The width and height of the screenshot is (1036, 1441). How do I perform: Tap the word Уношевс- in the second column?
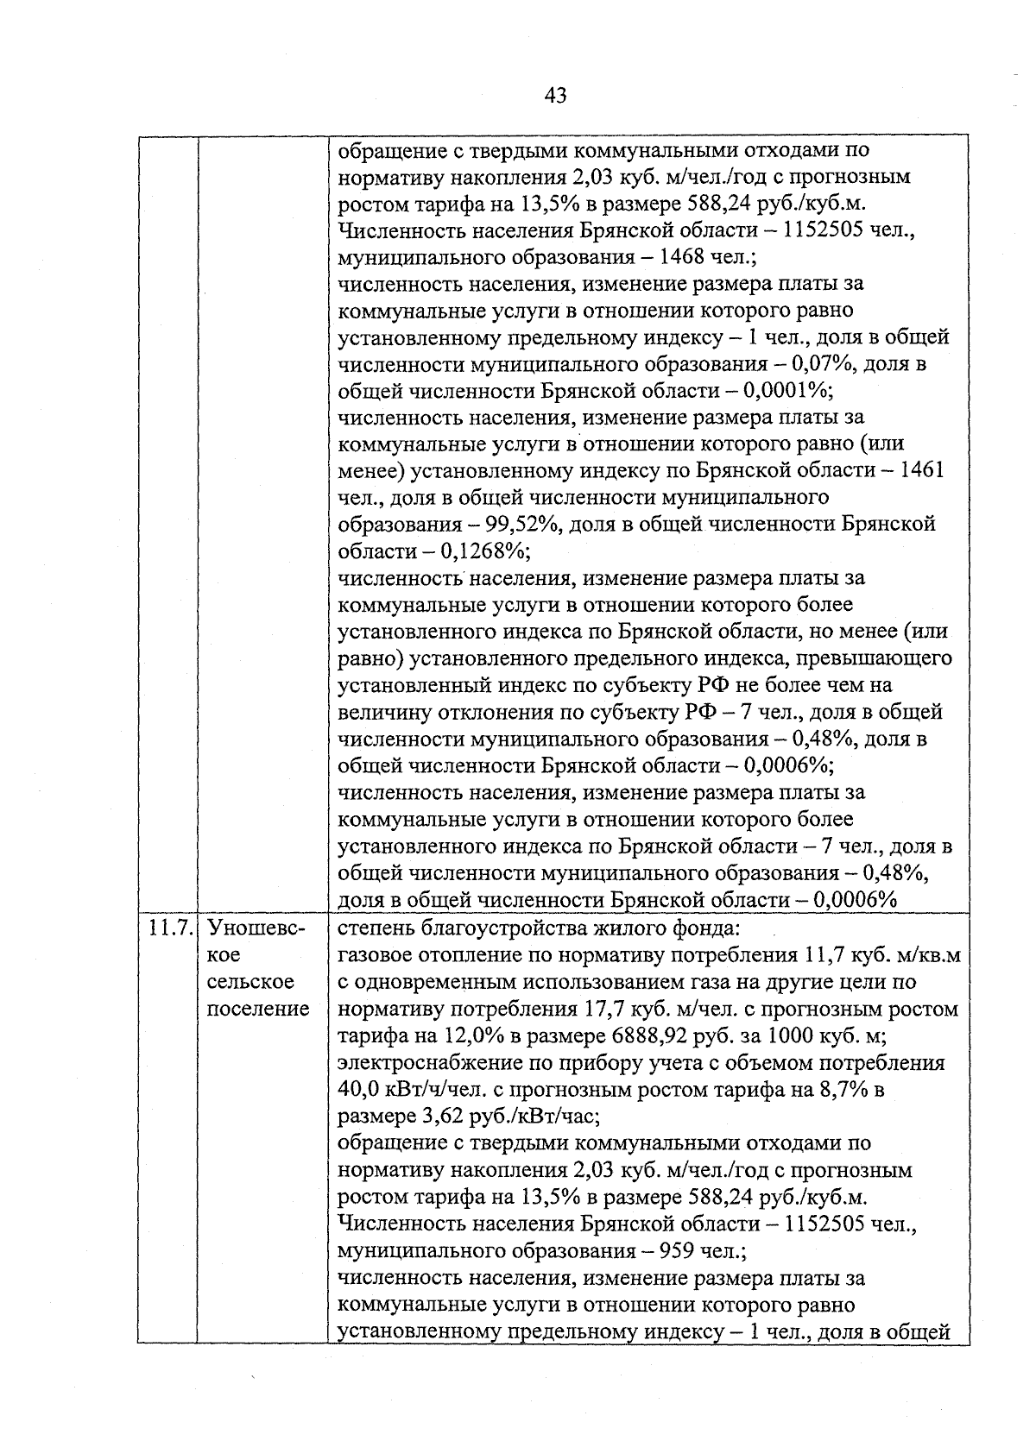tap(256, 929)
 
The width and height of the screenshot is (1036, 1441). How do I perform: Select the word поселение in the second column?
tap(258, 1009)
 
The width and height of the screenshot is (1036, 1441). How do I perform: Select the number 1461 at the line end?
tap(920, 470)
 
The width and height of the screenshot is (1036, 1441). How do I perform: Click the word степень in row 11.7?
tap(374, 929)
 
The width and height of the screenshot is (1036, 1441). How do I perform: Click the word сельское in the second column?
tap(251, 982)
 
